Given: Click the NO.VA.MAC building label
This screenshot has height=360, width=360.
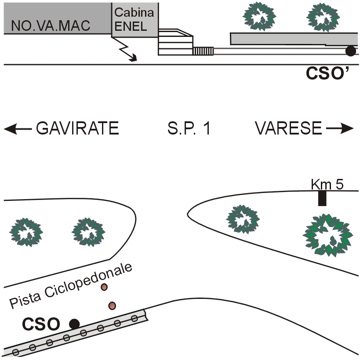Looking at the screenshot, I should tap(51, 25).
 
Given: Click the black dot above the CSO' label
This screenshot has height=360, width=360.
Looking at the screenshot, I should tap(350, 51).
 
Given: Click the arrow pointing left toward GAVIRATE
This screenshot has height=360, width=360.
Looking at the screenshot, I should tap(18, 129).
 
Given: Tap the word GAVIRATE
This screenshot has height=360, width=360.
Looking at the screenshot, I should tap(77, 129).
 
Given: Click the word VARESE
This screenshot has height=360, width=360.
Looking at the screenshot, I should tap(288, 129).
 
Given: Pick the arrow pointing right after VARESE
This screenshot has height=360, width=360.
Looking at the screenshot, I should tap(339, 129).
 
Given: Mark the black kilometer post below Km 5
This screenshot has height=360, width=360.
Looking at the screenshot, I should tap(322, 198).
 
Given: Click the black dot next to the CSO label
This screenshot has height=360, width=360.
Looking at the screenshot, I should tap(75, 324).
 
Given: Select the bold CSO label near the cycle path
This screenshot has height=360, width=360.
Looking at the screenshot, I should tap(41, 324).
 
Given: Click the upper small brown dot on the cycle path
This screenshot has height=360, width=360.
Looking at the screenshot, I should tap(104, 287).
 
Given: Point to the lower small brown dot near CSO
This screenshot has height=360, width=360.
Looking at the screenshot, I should tap(112, 305).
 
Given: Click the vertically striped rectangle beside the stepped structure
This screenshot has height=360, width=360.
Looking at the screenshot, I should tap(203, 51).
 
